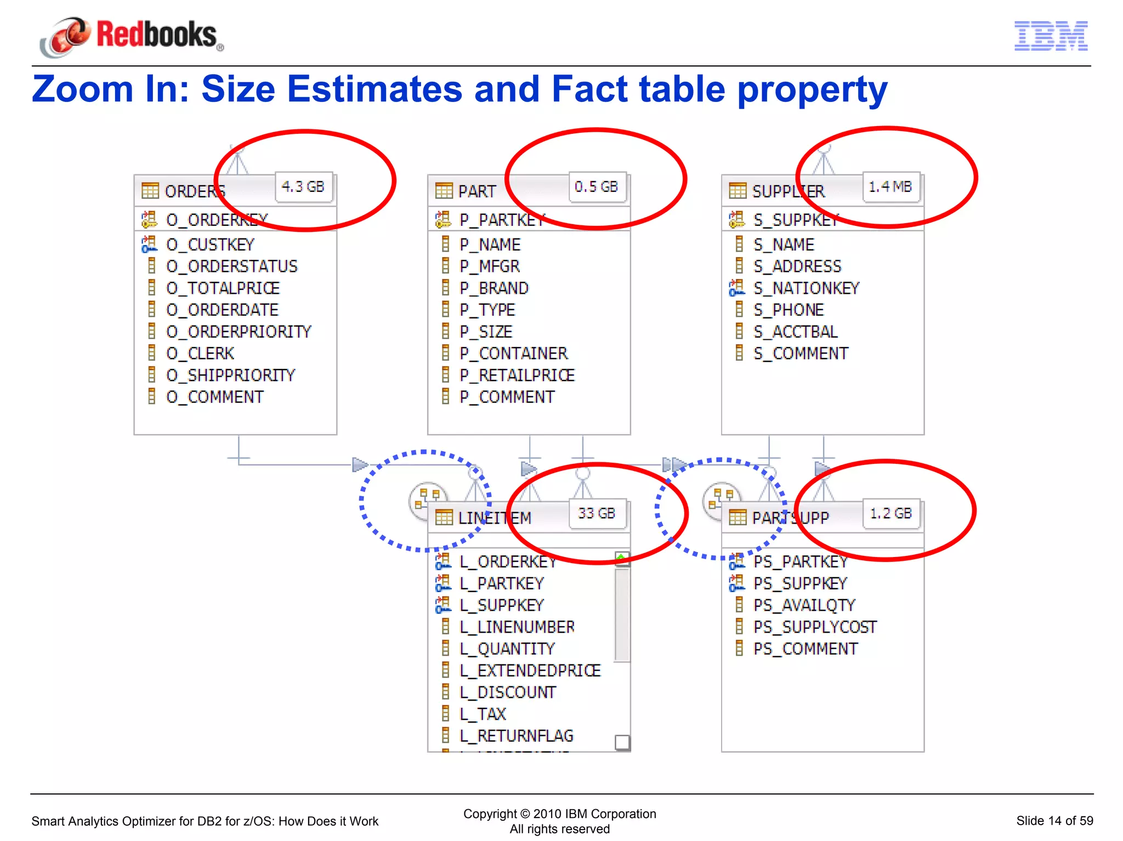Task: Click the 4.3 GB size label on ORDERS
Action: (x=303, y=187)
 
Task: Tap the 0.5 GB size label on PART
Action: (x=597, y=187)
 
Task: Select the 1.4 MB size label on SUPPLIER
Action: (x=891, y=187)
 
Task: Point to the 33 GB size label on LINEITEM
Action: (x=597, y=514)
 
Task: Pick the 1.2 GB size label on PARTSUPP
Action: (x=891, y=514)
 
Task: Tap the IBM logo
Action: (x=1051, y=36)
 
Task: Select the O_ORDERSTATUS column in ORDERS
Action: (x=231, y=266)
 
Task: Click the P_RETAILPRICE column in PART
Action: (x=517, y=376)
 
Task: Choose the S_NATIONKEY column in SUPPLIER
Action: (x=806, y=288)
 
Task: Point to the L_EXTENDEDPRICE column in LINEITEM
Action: (x=530, y=670)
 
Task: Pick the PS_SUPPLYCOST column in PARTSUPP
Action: (x=815, y=627)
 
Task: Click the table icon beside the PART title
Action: (x=444, y=191)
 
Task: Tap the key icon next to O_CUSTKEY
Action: (x=149, y=245)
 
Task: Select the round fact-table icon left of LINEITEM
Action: (x=427, y=499)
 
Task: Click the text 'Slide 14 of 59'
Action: (x=1054, y=821)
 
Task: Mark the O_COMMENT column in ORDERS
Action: (x=214, y=397)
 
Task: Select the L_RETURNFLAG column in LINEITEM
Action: (x=517, y=736)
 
